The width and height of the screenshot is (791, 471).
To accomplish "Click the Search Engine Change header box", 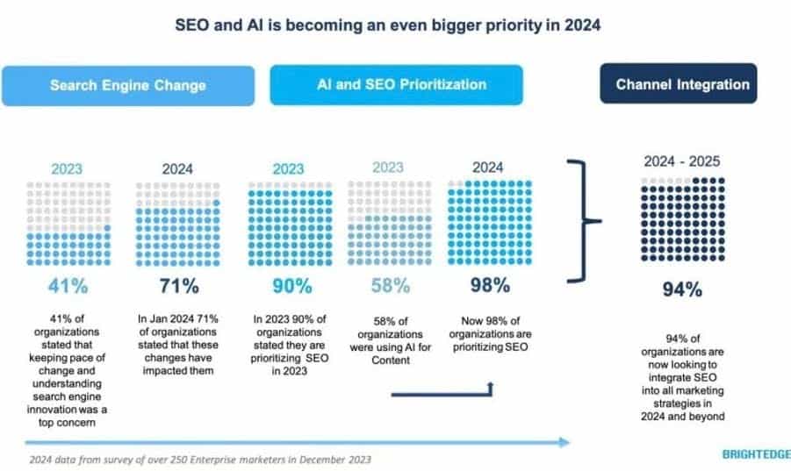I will (x=127, y=85).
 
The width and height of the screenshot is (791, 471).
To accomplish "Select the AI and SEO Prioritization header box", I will (x=396, y=84).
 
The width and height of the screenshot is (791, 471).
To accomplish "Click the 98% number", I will (x=488, y=285).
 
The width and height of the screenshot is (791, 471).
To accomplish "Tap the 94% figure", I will (x=682, y=290).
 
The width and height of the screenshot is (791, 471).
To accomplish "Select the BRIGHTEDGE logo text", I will (x=755, y=454).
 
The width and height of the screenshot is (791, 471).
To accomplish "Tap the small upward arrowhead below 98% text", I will (x=489, y=386).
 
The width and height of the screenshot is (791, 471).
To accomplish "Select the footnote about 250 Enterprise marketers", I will (x=200, y=459).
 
